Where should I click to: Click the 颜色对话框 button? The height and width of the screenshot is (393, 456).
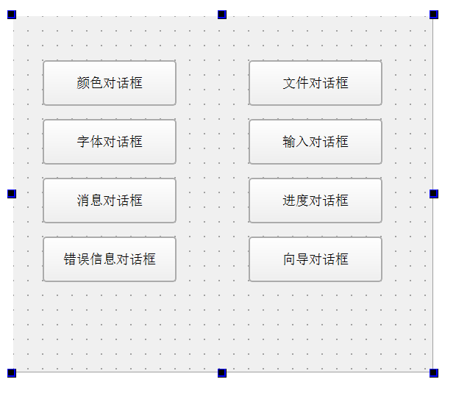coord(110,83)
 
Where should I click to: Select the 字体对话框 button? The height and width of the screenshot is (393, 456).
coord(110,142)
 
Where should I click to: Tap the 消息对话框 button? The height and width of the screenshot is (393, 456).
coord(110,201)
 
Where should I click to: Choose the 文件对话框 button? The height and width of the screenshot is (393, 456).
coord(316,83)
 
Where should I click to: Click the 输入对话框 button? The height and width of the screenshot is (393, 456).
coord(316,142)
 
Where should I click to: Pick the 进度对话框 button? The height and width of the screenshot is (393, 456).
coord(316,201)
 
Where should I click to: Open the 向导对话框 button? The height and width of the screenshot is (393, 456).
coord(316,259)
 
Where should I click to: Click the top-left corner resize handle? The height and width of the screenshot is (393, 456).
coord(12,15)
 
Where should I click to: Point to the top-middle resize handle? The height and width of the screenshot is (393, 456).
coord(222,15)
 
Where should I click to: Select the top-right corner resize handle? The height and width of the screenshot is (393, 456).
coord(434,15)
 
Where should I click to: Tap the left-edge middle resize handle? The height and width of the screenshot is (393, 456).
coord(12,194)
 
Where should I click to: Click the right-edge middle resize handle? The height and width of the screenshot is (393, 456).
coord(434,194)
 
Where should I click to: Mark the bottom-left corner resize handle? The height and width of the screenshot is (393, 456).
coord(12,373)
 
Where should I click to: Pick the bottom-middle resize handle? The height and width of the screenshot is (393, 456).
coord(222,373)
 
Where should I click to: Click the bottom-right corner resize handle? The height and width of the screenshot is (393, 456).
coord(434,373)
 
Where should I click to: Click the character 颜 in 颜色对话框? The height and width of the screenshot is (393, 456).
coord(83,83)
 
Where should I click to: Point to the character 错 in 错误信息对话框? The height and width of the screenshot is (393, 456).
coord(70,259)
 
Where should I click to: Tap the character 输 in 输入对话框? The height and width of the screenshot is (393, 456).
coord(289,142)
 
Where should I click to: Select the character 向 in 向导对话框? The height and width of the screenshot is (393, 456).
coord(289,259)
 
